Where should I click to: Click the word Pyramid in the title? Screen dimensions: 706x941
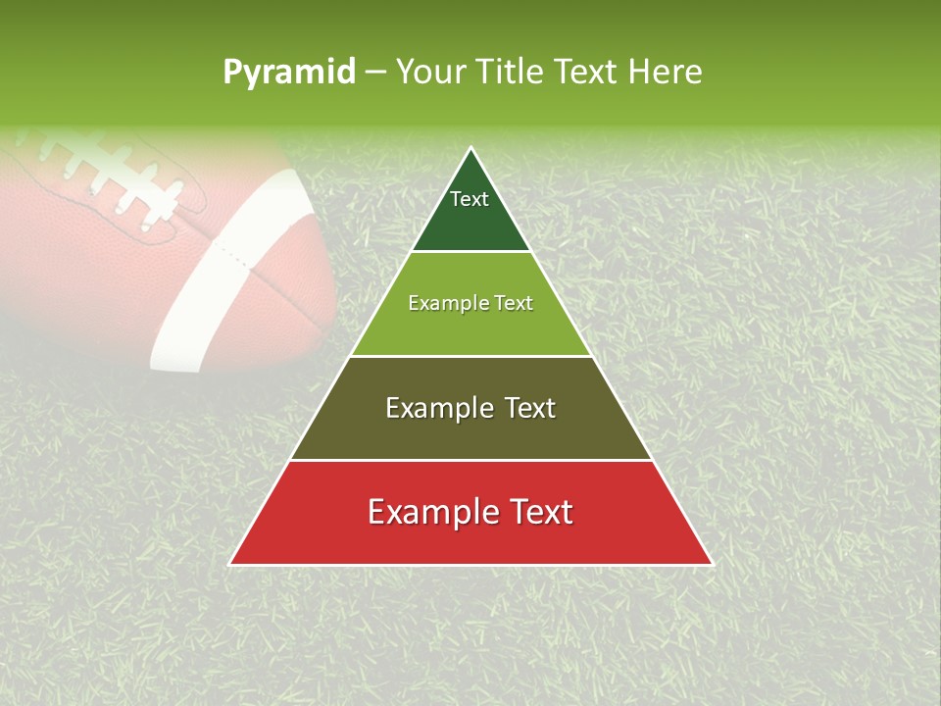pyautogui.click(x=289, y=73)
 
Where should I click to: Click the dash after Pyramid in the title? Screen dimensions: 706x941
pyautogui.click(x=374, y=73)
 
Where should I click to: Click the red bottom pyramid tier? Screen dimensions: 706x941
pyautogui.click(x=470, y=539)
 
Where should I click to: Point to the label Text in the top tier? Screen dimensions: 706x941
pyautogui.click(x=470, y=199)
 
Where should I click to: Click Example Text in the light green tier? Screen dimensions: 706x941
pyautogui.click(x=470, y=303)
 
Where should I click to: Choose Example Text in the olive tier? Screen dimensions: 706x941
pyautogui.click(x=470, y=408)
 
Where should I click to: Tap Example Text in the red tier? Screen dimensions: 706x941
pyautogui.click(x=470, y=512)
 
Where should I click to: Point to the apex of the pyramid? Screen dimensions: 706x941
pyautogui.click(x=470, y=148)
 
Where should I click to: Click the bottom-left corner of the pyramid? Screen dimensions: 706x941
pyautogui.click(x=230, y=564)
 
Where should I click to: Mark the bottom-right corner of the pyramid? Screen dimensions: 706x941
pyautogui.click(x=712, y=564)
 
